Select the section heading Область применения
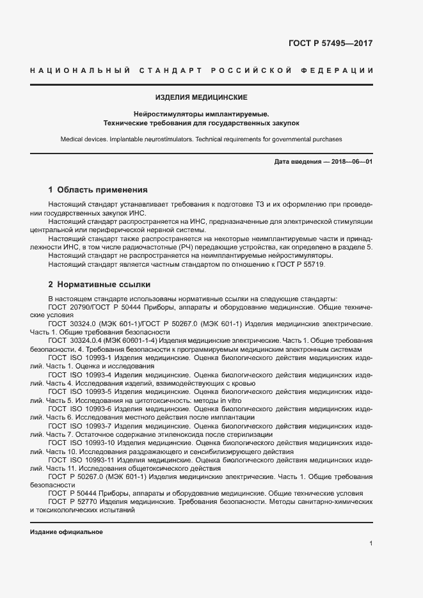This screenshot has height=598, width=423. click(102, 190)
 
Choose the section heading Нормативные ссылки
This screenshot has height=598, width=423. click(104, 284)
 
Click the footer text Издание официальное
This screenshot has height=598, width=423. click(66, 532)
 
